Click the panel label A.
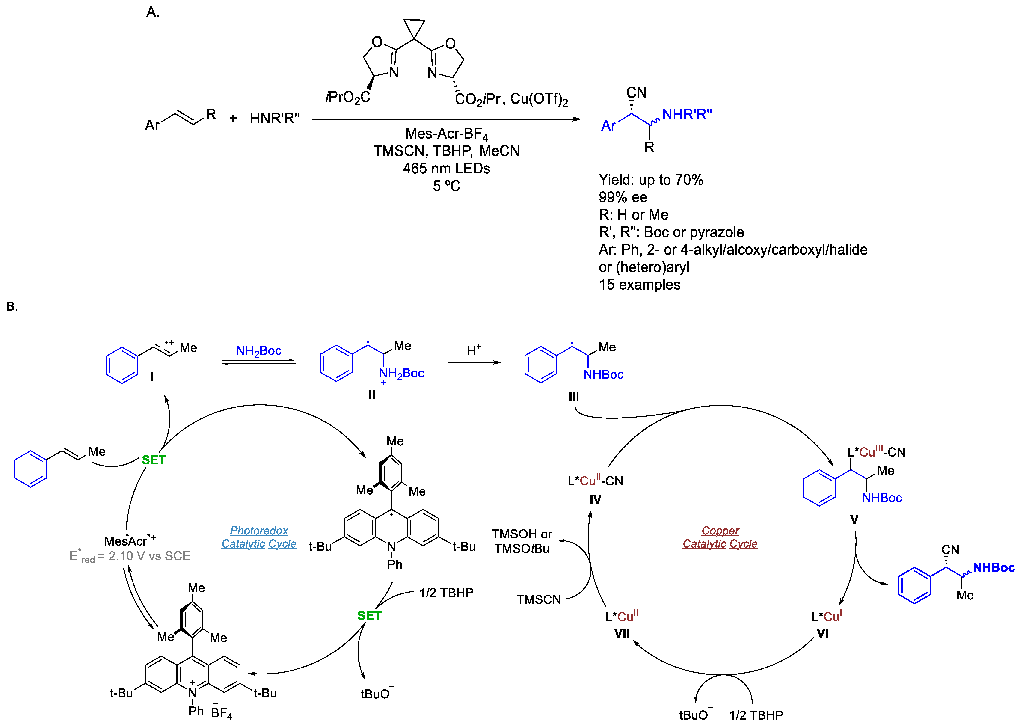pyautogui.click(x=153, y=12)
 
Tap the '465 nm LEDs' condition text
pyautogui.click(x=446, y=168)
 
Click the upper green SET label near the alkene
pyautogui.click(x=154, y=460)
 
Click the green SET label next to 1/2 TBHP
pyautogui.click(x=369, y=616)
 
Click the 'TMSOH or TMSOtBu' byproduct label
pyautogui.click(x=522, y=541)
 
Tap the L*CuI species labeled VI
pyautogui.click(x=826, y=617)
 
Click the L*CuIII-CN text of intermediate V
pyautogui.click(x=876, y=452)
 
